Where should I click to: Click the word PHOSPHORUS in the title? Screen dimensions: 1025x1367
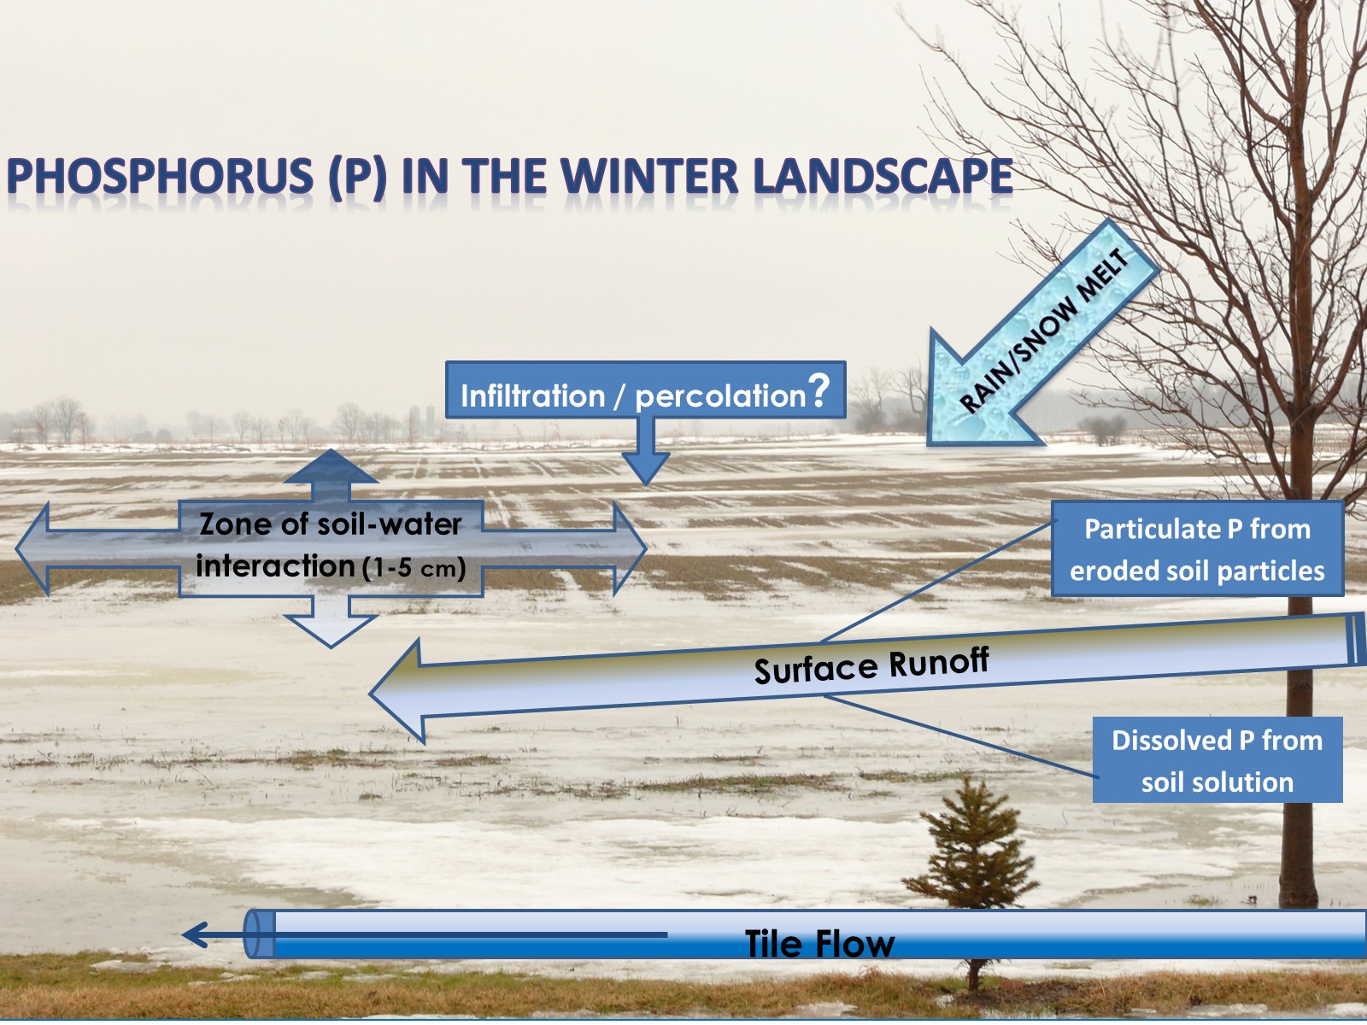pyautogui.click(x=160, y=177)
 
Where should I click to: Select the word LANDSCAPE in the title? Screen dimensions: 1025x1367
pyautogui.click(x=883, y=177)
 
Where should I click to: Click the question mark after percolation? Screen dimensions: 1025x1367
pyautogui.click(x=819, y=389)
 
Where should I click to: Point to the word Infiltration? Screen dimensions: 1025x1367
pyautogui.click(x=532, y=396)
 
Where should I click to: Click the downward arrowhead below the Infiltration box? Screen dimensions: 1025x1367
pyautogui.click(x=646, y=467)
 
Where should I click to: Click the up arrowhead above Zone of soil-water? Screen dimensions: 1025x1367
pyautogui.click(x=331, y=467)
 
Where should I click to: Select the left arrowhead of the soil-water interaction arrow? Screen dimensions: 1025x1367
pyautogui.click(x=34, y=548)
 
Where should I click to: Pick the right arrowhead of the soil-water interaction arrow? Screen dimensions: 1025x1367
pyautogui.click(x=630, y=548)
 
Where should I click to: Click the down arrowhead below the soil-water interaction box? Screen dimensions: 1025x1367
pyautogui.click(x=331, y=630)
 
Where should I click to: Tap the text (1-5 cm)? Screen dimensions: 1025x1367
pyautogui.click(x=414, y=568)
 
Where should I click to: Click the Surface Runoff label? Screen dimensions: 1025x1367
pyautogui.click(x=871, y=665)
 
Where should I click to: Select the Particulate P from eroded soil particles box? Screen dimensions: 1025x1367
pyautogui.click(x=1197, y=549)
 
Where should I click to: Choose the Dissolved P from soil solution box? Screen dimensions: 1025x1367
pyautogui.click(x=1217, y=760)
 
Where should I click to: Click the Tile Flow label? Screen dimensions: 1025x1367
pyautogui.click(x=819, y=944)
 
